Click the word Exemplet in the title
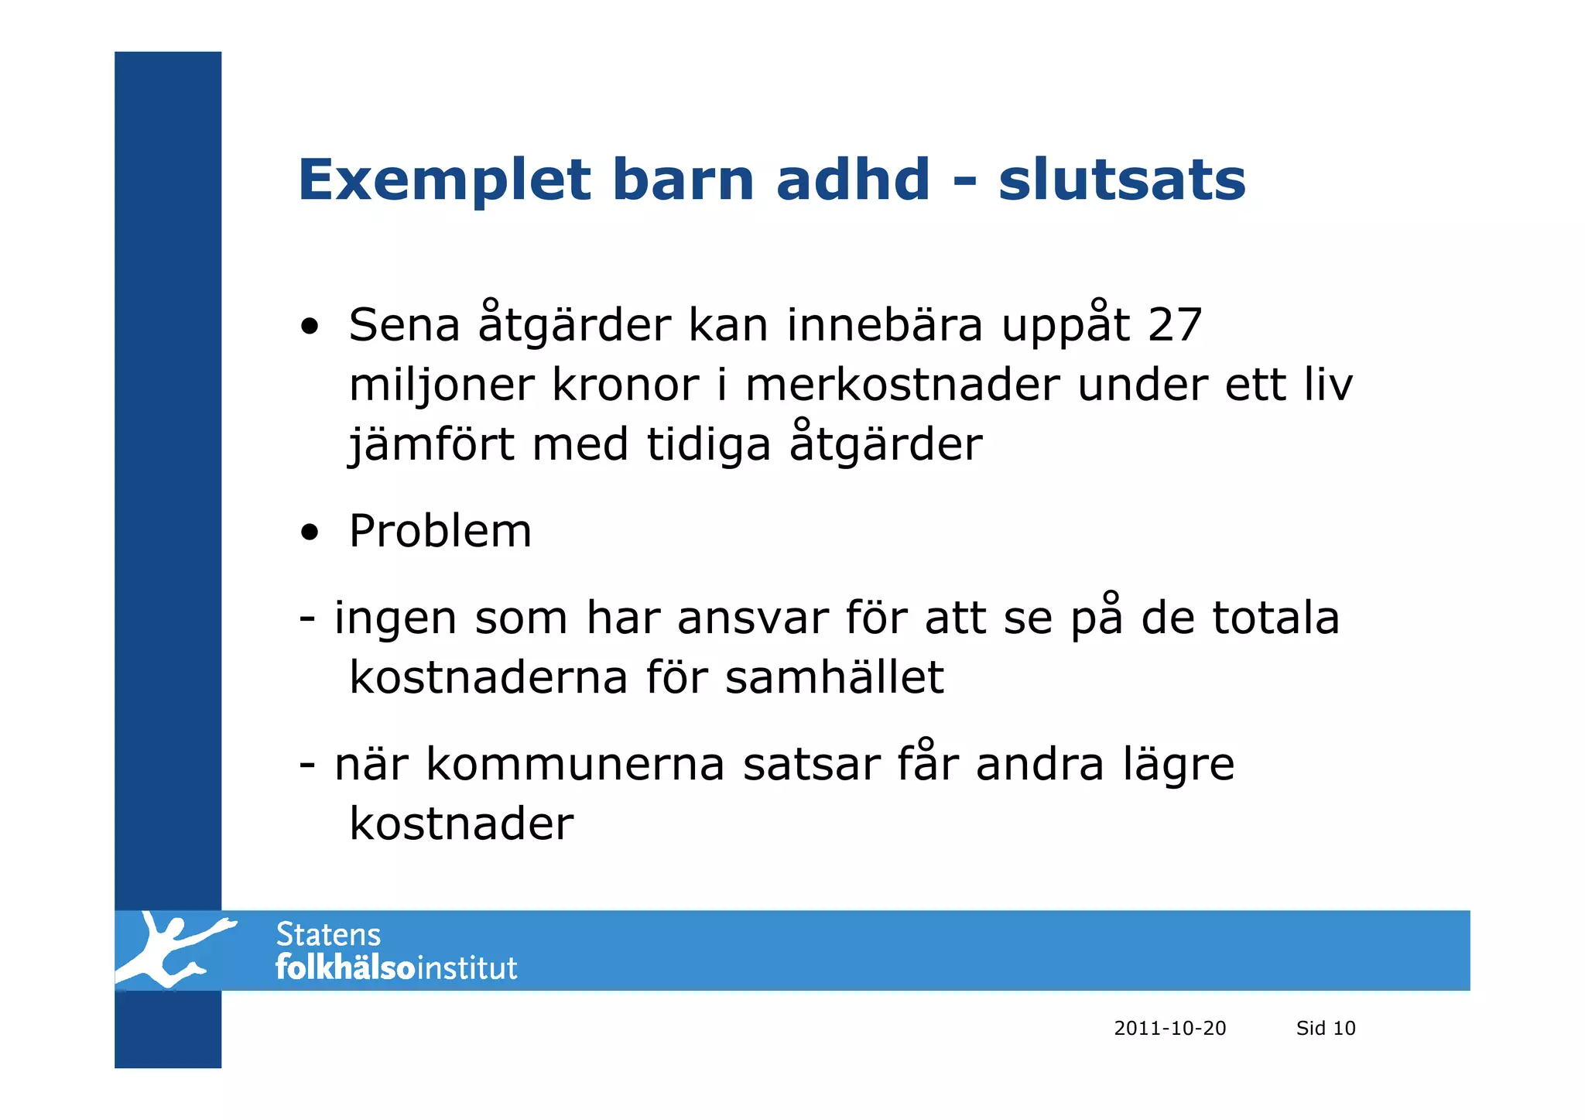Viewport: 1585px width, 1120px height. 444,180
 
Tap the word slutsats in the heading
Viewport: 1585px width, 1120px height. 1121,180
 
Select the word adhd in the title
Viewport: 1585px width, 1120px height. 852,180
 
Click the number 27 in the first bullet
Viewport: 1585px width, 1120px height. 1174,324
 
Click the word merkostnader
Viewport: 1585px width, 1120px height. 902,385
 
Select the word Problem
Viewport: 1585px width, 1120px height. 440,531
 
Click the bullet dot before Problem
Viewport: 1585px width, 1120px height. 310,533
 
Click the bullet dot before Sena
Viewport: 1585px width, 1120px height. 310,327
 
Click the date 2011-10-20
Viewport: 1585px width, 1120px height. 1169,1028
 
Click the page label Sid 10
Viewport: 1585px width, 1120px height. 1325,1028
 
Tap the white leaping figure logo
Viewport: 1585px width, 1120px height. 173,950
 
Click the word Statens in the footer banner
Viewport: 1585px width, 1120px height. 328,935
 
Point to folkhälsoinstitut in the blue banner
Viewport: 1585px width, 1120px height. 395,968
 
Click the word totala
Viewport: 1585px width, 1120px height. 1275,618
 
